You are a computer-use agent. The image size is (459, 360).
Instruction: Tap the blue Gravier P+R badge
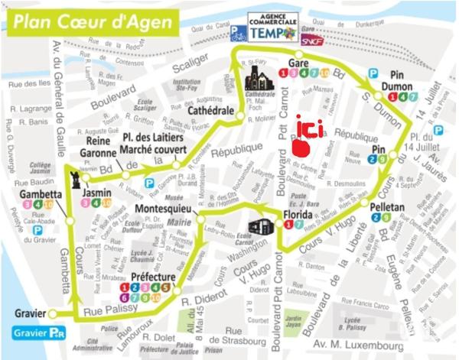(37, 332)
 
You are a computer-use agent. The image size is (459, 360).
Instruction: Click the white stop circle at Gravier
(53, 313)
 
